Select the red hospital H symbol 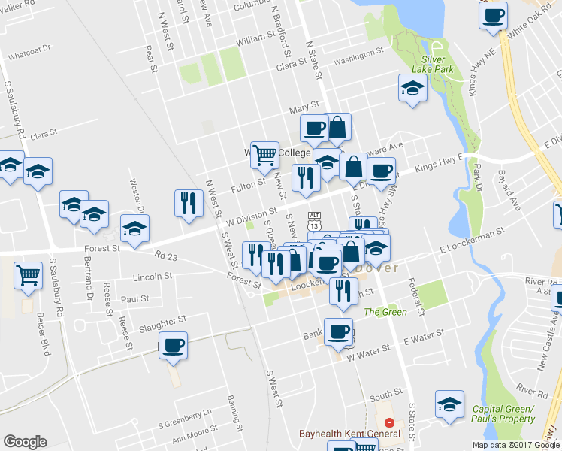click(x=388, y=422)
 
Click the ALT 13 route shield click(x=314, y=221)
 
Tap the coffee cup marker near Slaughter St click(x=174, y=347)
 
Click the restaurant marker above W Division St click(x=188, y=203)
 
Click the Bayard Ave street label click(x=509, y=191)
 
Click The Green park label click(x=385, y=312)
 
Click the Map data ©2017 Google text click(x=515, y=445)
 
